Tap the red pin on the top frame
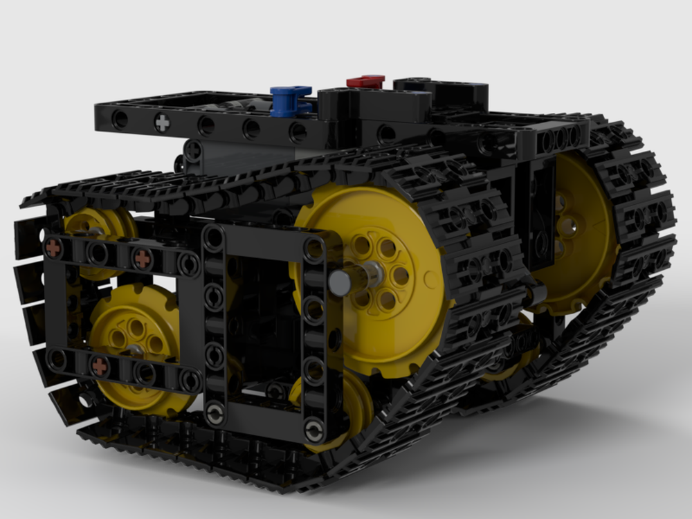point(365,82)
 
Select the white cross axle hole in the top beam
point(162,123)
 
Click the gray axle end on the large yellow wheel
point(340,281)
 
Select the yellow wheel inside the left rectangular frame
point(135,339)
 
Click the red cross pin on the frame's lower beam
point(100,366)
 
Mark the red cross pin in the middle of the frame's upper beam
point(142,259)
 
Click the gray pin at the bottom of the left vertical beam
point(215,415)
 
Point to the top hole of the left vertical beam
point(214,239)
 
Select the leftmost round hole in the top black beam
point(120,119)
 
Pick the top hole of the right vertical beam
point(314,248)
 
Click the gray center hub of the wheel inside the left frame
point(136,349)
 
